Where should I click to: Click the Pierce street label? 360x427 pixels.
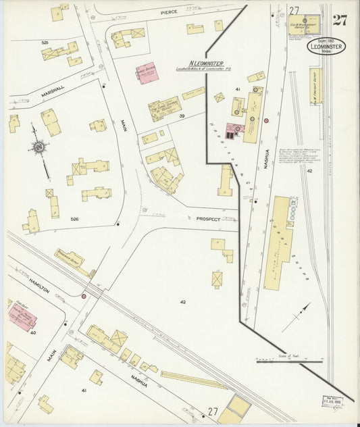(x=168, y=12)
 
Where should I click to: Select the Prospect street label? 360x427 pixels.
(x=209, y=220)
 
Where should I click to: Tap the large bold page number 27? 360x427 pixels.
(x=339, y=20)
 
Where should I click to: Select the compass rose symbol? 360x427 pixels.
(x=38, y=147)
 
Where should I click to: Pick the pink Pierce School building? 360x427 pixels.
(x=146, y=73)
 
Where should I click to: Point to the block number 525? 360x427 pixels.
(x=45, y=43)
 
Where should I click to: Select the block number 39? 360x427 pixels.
(x=182, y=116)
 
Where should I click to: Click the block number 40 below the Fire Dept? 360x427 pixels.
(x=32, y=332)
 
